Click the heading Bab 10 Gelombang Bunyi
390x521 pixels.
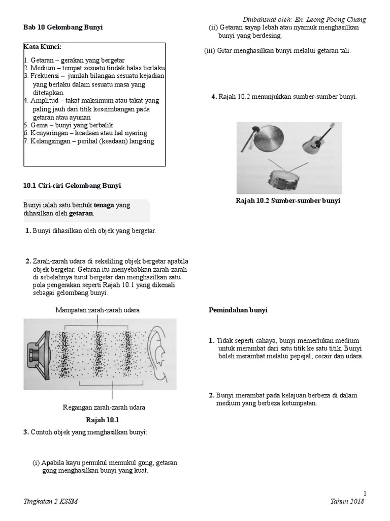(63, 27)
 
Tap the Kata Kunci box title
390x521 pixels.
(43, 47)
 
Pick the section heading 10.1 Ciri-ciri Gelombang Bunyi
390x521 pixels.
(72, 186)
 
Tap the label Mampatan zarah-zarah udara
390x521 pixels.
(97, 310)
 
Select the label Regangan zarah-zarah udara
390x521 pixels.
(104, 408)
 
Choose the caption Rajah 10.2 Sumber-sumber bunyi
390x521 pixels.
(288, 201)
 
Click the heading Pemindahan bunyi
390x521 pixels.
(238, 310)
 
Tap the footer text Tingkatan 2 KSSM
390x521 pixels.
(51, 501)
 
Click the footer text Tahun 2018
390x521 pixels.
(348, 501)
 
